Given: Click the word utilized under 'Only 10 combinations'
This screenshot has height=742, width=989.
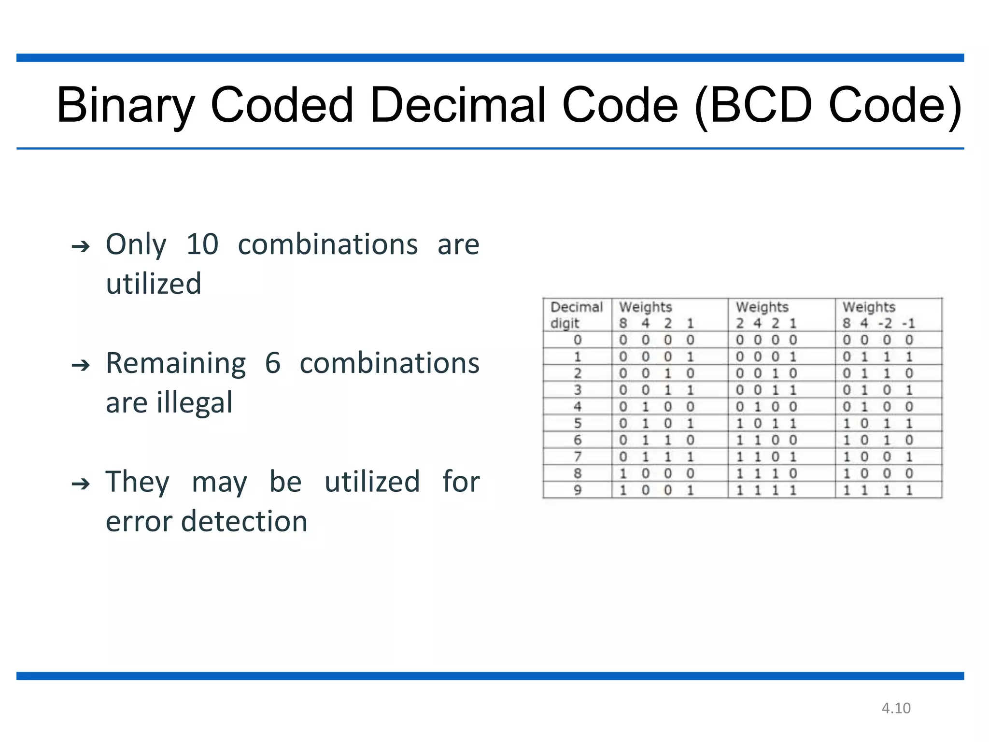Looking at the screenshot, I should click(154, 284).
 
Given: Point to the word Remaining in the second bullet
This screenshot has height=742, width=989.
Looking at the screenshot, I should click(176, 363).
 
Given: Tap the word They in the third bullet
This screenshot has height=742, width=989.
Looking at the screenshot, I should click(138, 482).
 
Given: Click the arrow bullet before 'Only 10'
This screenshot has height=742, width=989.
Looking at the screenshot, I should click(81, 247).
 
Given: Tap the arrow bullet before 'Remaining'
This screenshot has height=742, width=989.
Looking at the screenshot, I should click(81, 365).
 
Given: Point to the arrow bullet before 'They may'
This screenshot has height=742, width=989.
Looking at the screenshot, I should click(81, 484).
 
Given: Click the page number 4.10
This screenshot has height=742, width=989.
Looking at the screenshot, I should click(896, 708).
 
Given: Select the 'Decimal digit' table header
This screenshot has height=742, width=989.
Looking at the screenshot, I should click(577, 315).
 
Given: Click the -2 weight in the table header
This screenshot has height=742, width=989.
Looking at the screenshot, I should click(885, 323).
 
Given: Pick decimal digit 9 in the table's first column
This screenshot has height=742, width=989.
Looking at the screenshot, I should click(578, 490).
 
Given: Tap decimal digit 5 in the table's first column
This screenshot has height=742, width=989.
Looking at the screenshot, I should click(578, 424).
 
